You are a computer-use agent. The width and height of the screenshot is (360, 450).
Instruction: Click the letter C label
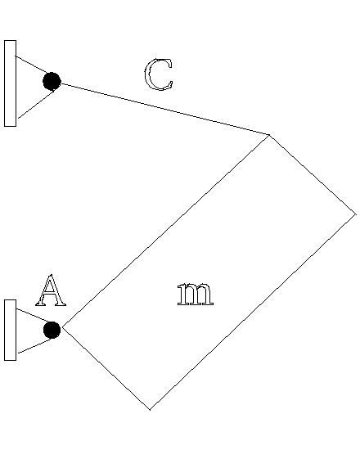pyautogui.click(x=158, y=75)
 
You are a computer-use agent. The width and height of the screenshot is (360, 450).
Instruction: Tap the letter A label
pyautogui.click(x=51, y=291)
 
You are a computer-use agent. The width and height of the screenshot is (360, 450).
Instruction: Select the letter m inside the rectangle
pyautogui.click(x=195, y=295)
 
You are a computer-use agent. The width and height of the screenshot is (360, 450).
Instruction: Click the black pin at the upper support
pyautogui.click(x=52, y=81)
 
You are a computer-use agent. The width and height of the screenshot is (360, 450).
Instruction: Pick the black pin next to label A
pyautogui.click(x=52, y=330)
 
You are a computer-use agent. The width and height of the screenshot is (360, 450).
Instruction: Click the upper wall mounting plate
pyautogui.click(x=10, y=83)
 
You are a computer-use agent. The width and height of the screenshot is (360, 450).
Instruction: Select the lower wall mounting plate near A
pyautogui.click(x=10, y=330)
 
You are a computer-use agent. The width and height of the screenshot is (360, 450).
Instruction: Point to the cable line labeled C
pyautogui.click(x=164, y=109)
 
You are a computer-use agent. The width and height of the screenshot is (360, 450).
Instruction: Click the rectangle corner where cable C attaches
pyautogui.click(x=269, y=134)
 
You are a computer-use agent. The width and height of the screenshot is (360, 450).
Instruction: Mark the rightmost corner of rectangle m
pyautogui.click(x=355, y=214)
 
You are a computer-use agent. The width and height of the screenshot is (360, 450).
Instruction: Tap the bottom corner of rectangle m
pyautogui.click(x=150, y=408)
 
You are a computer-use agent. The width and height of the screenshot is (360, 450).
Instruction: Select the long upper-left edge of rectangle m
pyautogui.click(x=166, y=231)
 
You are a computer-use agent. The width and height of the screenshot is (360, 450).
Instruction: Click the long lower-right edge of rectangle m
pyautogui.click(x=252, y=311)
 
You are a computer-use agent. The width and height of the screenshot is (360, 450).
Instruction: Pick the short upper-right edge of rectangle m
pyautogui.click(x=313, y=174)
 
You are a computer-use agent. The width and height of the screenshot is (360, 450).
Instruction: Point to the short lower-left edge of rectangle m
pyautogui.click(x=106, y=368)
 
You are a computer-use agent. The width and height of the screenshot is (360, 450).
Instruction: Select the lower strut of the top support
pyautogui.click(x=34, y=105)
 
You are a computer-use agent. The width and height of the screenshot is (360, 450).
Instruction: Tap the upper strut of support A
pyautogui.click(x=33, y=316)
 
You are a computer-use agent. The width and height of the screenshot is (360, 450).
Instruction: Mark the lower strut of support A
pyautogui.click(x=33, y=347)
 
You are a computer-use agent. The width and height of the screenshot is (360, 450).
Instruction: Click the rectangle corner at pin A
pyautogui.click(x=63, y=328)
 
